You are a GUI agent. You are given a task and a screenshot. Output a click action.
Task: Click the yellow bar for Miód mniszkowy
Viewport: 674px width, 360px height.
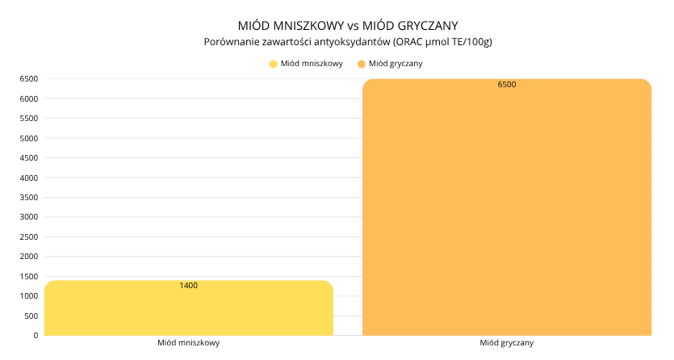189,311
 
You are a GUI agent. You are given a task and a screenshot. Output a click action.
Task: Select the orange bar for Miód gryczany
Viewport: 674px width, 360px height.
506,210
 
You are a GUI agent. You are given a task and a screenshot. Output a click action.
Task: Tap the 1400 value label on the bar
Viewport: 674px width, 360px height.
189,286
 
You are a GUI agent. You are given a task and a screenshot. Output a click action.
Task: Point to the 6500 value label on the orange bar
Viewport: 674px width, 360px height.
507,84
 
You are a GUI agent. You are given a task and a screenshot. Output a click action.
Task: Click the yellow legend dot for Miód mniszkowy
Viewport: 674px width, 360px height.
274,63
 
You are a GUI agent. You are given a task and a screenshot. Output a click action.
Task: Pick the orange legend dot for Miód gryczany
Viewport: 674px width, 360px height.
362,63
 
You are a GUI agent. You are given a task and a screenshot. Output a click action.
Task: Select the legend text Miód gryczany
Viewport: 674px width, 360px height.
396,63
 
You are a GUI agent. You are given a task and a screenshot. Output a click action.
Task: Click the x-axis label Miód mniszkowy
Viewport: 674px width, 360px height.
189,343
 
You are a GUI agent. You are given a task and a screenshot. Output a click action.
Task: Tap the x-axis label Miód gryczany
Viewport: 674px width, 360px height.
506,343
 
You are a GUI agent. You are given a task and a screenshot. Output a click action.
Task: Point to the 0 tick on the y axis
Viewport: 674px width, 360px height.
36,335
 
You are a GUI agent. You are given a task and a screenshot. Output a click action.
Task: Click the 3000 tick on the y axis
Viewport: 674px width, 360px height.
29,217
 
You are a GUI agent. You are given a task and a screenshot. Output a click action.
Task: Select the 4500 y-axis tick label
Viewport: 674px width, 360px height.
29,158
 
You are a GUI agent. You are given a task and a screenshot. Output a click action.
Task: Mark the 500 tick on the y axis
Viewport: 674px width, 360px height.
31,316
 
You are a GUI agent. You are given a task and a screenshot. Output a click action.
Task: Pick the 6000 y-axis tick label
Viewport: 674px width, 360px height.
29,99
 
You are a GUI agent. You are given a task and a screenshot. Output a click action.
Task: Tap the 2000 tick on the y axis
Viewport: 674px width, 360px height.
29,257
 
